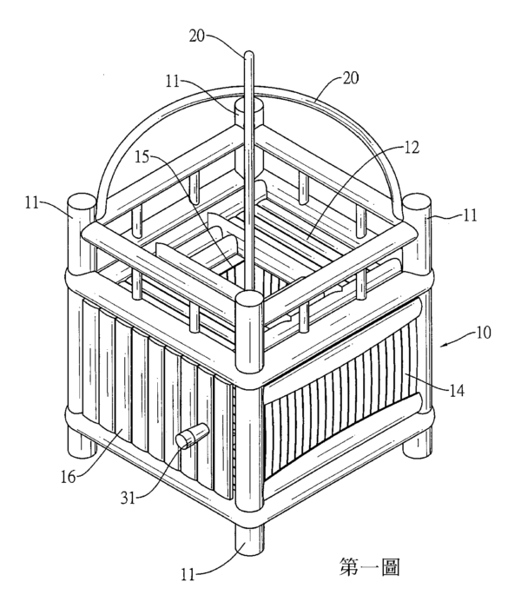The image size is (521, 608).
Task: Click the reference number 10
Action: pos(484,333)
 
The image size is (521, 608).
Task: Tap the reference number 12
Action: pos(412,148)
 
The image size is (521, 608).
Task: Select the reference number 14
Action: pos(457,391)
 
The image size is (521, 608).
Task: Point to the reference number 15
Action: pos(142,157)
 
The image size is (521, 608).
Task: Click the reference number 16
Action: pos(69,477)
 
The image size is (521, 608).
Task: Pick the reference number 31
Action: pos(128,498)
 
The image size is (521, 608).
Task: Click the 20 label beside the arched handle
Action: pos(351,78)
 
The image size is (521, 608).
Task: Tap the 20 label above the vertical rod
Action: pos(198,36)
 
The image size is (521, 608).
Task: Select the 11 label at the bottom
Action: pos(188,574)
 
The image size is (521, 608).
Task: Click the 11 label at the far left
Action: pos(33,202)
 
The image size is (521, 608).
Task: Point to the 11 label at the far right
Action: pos(470,215)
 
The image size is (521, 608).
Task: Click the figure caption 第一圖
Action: pos(369,566)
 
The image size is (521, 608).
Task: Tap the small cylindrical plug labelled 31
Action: pos(193,436)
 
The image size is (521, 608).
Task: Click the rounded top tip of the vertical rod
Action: pos(248,54)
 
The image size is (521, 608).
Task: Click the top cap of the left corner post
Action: pos(82,202)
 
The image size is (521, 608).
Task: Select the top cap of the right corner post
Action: pos(417,201)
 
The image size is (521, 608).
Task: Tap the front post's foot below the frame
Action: pos(250,540)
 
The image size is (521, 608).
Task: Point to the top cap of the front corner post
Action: pos(250,300)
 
